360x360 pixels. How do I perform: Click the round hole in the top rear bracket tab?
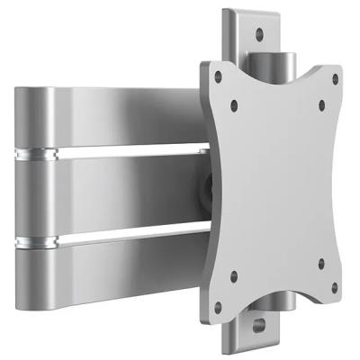(x=258, y=35)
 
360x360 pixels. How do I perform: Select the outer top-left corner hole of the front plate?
(x=213, y=79)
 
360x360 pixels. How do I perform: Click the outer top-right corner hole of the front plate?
(x=335, y=80)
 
